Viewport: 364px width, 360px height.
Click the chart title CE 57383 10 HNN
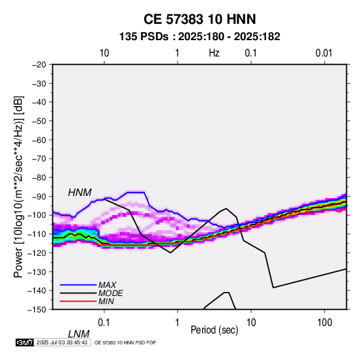199,19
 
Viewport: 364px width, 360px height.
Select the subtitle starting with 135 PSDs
199,37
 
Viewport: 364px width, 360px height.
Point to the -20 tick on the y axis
39,65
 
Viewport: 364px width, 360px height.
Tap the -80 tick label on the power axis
39,178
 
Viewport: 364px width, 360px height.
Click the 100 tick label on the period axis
325,323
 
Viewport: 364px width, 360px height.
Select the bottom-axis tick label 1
178,323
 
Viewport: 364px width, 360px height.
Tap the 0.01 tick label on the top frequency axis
324,53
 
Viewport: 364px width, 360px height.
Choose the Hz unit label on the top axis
214,53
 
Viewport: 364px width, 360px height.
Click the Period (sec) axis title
214,330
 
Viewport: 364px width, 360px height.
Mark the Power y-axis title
18,186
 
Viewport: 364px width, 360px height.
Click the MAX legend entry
107,284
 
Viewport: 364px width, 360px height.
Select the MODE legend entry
110,293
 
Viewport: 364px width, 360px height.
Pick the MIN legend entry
106,301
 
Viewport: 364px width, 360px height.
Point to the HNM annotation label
80,193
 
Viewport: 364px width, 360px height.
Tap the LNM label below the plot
78,334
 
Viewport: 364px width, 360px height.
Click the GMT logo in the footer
25,342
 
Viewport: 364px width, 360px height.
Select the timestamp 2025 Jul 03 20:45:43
62,342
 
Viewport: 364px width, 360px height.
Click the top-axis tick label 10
104,53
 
